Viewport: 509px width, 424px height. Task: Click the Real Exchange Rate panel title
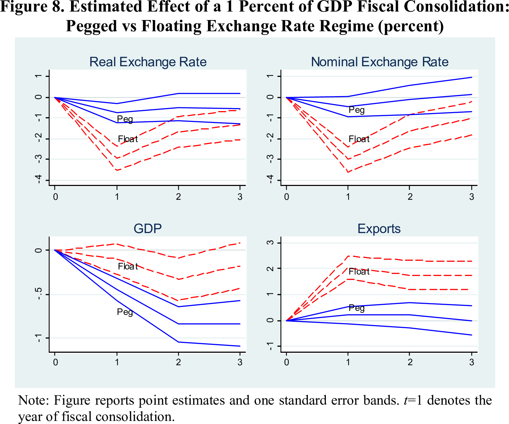(x=148, y=62)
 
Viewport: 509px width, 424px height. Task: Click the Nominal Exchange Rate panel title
(x=380, y=62)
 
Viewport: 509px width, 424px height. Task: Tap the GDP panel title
(x=147, y=229)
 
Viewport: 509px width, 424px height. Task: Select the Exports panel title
(x=379, y=229)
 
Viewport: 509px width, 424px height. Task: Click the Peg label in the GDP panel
(x=125, y=312)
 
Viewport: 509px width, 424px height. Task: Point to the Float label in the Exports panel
(x=359, y=271)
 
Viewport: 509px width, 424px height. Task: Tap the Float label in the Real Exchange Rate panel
(x=128, y=139)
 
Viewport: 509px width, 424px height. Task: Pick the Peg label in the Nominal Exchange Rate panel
(x=356, y=110)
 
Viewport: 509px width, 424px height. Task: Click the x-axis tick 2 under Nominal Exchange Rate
(x=410, y=197)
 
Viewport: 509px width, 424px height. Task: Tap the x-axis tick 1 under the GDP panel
(x=117, y=362)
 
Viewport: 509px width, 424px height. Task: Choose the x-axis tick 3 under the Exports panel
(x=471, y=362)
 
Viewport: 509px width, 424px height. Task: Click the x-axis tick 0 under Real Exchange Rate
(x=55, y=197)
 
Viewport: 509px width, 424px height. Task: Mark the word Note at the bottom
(x=33, y=400)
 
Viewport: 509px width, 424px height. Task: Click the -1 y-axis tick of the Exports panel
(x=270, y=347)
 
